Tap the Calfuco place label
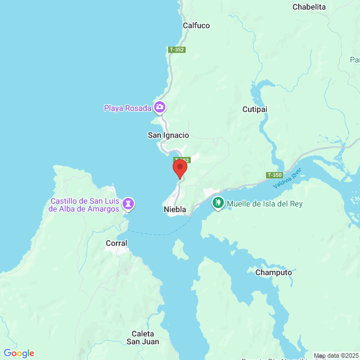coord(196,25)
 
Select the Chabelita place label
coord(309,7)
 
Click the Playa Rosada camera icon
coord(160,107)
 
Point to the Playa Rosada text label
coord(128,108)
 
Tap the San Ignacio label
coord(168,135)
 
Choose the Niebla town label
coord(175,209)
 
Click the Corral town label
coord(116,243)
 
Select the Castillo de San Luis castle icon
coord(129,204)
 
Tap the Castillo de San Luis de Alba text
coord(85,205)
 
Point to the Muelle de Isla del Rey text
coord(265,204)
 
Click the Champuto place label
coord(273,272)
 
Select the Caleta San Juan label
coord(143,337)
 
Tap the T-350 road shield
coord(274,175)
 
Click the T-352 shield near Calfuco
coord(177,49)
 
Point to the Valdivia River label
coord(287,178)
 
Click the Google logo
coord(19,353)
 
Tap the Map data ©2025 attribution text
coord(335,355)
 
